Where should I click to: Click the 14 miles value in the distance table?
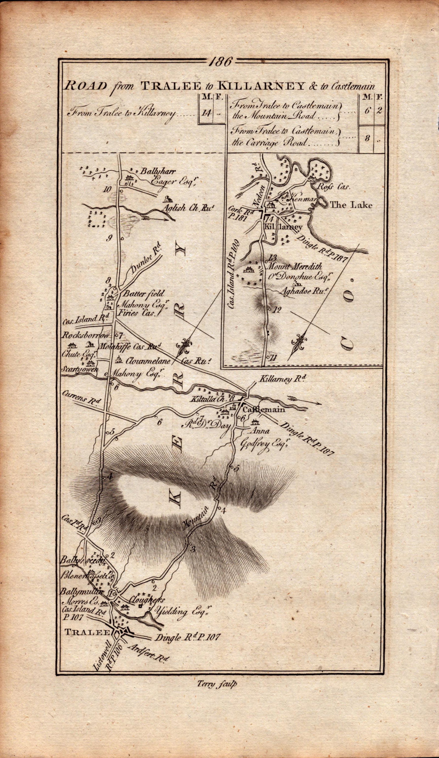207,113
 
